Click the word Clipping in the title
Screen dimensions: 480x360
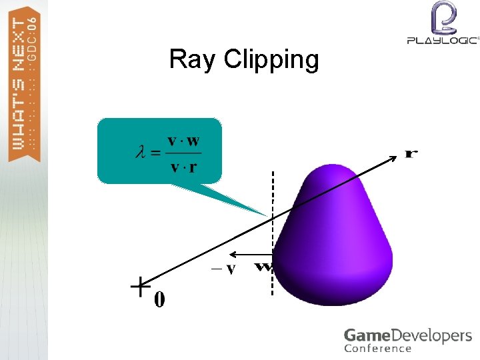pos(271,60)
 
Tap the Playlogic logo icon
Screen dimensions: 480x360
pos(443,17)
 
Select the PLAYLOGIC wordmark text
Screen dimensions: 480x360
pos(443,40)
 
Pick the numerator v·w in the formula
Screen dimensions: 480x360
pos(183,141)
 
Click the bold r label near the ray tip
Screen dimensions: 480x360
pos(412,153)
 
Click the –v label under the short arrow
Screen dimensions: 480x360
pos(223,269)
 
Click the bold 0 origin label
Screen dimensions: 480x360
pos(159,300)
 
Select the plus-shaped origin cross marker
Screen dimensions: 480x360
pos(139,288)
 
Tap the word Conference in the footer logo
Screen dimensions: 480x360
pos(377,349)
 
